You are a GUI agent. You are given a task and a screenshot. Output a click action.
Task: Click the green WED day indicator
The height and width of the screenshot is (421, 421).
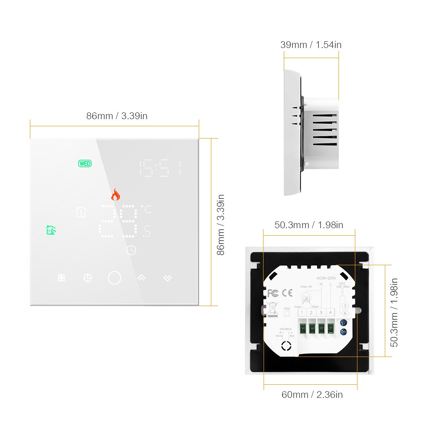point(85,164)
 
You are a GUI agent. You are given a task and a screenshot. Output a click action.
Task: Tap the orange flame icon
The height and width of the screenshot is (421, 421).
point(115,194)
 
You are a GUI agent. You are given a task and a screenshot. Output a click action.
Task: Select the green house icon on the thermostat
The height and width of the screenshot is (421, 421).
point(51,230)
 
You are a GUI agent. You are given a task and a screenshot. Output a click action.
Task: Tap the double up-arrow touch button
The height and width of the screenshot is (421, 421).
point(141,278)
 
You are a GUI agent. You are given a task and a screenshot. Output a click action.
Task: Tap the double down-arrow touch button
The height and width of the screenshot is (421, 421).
point(168,278)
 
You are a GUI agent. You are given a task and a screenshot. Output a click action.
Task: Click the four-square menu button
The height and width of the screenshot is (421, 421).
point(61,278)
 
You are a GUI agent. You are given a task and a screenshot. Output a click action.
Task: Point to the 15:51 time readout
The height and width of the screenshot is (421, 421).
point(161,168)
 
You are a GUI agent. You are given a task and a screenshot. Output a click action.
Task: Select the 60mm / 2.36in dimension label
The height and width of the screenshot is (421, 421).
point(312,394)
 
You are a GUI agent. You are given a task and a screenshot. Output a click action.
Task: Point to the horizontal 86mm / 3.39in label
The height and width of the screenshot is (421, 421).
point(117,116)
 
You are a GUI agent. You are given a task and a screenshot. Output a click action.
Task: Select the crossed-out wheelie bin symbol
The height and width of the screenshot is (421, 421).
point(272,309)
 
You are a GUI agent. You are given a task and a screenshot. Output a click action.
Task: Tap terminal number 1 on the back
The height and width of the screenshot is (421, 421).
point(302,312)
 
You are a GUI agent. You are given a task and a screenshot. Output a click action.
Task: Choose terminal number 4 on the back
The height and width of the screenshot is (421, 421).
point(331,312)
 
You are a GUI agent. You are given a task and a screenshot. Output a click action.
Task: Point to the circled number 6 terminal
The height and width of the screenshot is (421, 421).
point(345,313)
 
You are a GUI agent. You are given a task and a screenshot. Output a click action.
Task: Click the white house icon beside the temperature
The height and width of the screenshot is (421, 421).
point(81,211)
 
